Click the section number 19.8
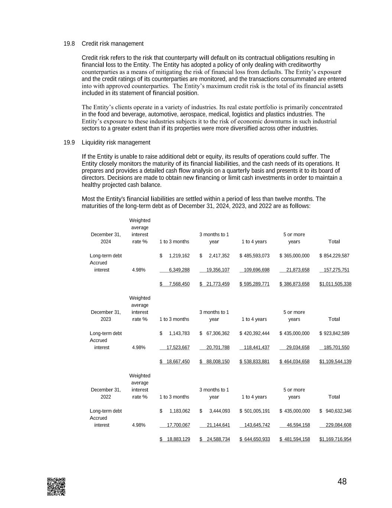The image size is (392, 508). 69,44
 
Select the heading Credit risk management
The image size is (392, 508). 112,44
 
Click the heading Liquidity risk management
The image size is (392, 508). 116,142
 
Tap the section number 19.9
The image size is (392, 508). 69,142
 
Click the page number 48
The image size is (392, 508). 342,482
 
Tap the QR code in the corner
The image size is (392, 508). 56,486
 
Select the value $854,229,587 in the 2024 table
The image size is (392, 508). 334,256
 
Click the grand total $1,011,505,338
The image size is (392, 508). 335,284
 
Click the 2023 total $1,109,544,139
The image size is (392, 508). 335,361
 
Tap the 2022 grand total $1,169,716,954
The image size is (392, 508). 335,439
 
